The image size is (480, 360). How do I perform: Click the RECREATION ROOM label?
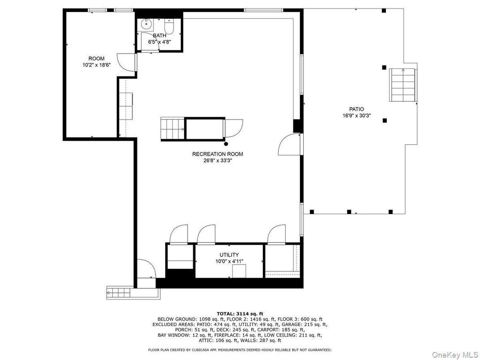coord(217,154)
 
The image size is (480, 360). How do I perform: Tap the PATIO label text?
coord(356,109)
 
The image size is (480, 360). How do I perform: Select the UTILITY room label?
coord(229,255)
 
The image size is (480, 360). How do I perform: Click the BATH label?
coord(159,35)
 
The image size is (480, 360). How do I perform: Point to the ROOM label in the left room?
coord(96,59)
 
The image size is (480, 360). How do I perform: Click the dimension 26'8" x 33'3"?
coord(218,161)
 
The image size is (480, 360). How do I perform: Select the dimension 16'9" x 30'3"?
coord(356,116)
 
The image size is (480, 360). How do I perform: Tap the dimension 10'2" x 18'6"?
coord(96,65)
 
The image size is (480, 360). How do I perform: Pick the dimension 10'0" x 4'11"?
coord(229,261)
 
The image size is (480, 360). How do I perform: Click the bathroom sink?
coord(146,24)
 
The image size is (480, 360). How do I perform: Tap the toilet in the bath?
coord(169,26)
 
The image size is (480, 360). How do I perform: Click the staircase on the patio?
coord(402,85)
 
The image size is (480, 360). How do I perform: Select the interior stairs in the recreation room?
coord(173,129)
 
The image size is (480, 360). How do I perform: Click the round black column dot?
coord(226,144)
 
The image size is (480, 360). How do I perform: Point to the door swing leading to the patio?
coord(289,145)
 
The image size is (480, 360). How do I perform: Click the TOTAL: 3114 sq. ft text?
coord(240,313)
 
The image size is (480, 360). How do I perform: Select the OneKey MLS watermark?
coord(454,354)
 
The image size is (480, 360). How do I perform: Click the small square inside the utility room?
coord(239,271)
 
